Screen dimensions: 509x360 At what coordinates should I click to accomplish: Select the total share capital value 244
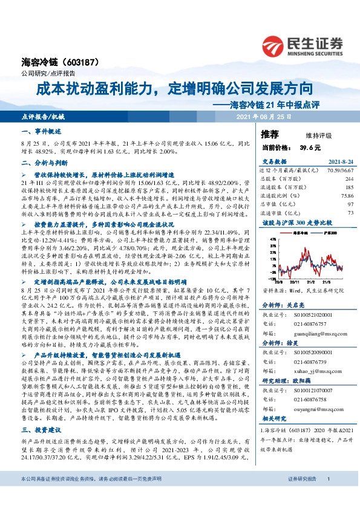click(x=349, y=179)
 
